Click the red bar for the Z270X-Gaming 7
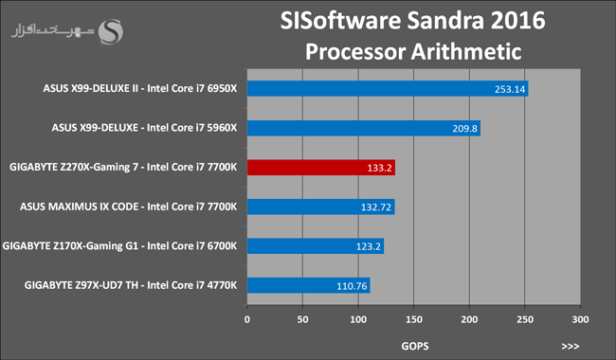click(x=321, y=168)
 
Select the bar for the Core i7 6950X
click(x=388, y=89)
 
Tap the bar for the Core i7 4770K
click(x=308, y=285)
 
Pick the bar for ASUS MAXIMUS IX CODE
click(x=321, y=207)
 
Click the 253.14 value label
click(x=510, y=89)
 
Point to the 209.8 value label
click(x=464, y=129)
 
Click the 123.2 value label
click(x=368, y=246)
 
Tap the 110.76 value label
click(x=352, y=286)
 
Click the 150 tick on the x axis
click(x=414, y=319)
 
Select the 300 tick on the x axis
click(x=580, y=319)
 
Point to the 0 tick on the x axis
click(x=247, y=319)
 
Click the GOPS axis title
click(x=415, y=346)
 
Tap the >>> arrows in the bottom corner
click(x=571, y=346)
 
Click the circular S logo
click(x=110, y=32)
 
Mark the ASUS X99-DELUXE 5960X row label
click(x=145, y=128)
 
